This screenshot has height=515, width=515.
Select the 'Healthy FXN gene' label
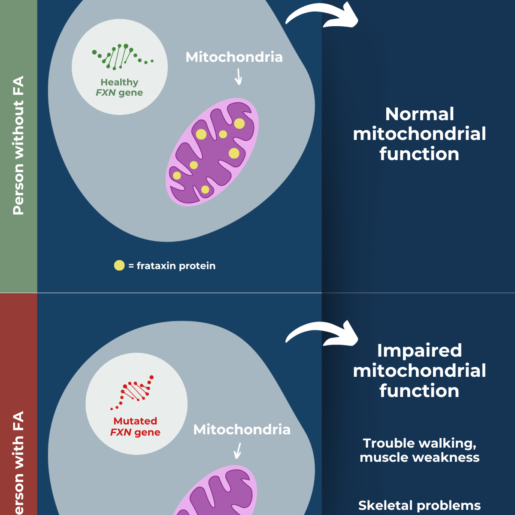(x=119, y=88)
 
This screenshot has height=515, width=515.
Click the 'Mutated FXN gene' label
(x=135, y=427)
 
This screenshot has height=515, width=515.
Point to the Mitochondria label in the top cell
(x=234, y=57)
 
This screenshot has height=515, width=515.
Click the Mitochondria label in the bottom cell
(x=242, y=430)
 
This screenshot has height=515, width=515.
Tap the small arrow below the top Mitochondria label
(x=239, y=77)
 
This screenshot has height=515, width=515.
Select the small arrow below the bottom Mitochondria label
(x=237, y=451)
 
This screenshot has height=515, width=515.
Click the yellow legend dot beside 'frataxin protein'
(x=119, y=266)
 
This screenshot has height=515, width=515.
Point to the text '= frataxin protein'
(x=172, y=266)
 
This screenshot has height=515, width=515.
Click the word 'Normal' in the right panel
(x=419, y=114)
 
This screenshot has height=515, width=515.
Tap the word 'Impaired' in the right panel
(x=419, y=351)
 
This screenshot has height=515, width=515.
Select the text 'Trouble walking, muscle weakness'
(x=419, y=450)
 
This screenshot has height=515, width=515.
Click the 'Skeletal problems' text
(x=419, y=505)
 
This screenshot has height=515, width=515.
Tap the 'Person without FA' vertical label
(x=18, y=146)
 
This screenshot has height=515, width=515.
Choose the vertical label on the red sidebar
(x=18, y=463)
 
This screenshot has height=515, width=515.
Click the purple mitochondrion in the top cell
(x=212, y=152)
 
